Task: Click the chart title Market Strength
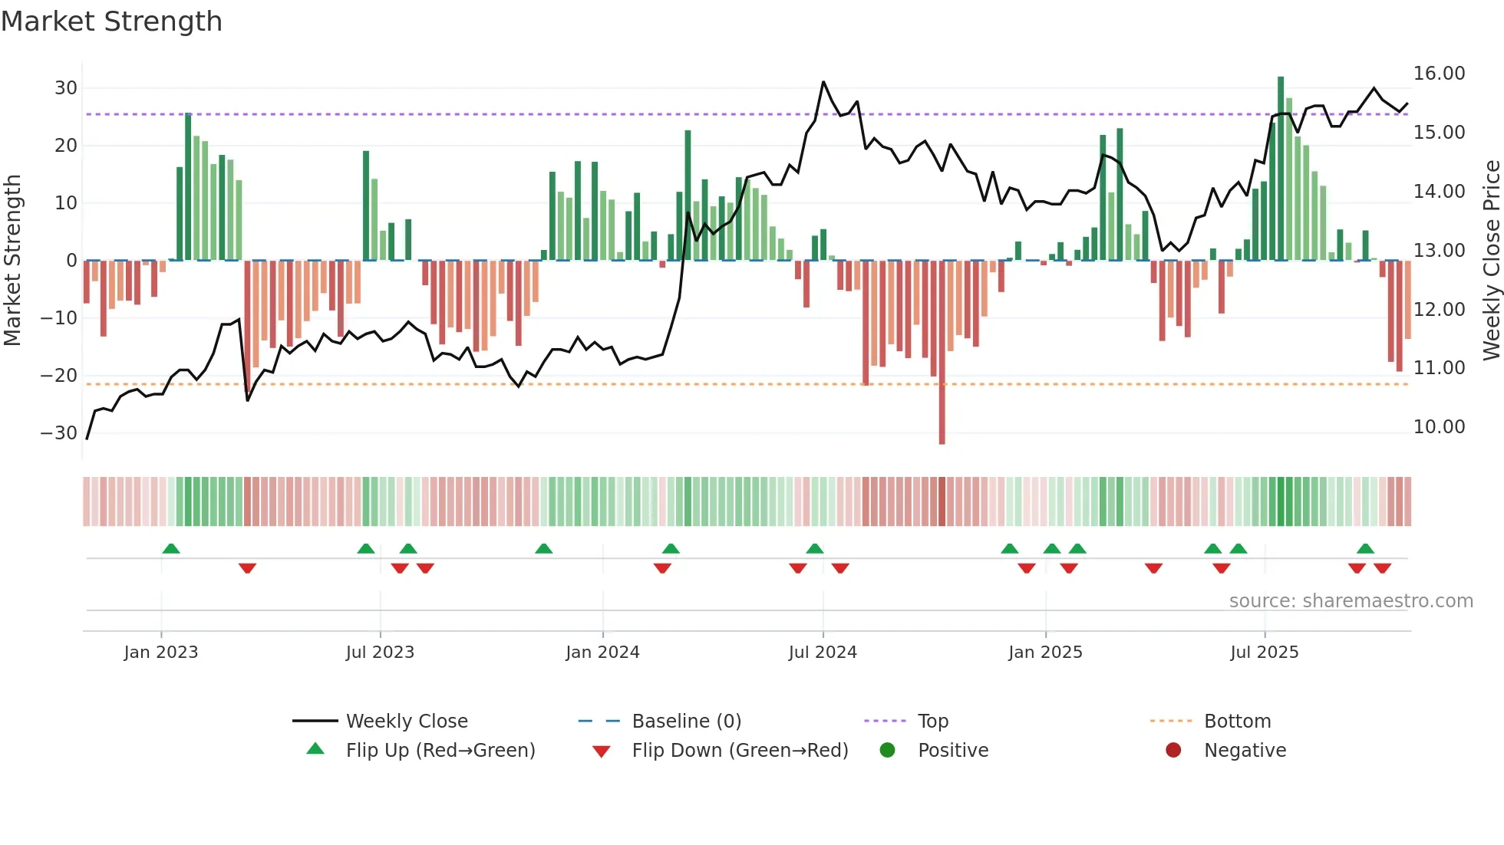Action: pyautogui.click(x=111, y=21)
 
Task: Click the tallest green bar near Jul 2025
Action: pyautogui.click(x=1281, y=169)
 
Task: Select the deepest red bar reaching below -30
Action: pyautogui.click(x=942, y=353)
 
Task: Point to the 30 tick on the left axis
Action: pyautogui.click(x=66, y=88)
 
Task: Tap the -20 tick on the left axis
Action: pyautogui.click(x=59, y=376)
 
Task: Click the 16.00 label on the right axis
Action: pyautogui.click(x=1439, y=74)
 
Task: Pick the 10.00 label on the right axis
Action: pyautogui.click(x=1439, y=427)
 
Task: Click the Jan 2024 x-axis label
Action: pyautogui.click(x=602, y=653)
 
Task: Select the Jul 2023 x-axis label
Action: pyautogui.click(x=380, y=653)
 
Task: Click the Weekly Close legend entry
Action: pyautogui.click(x=406, y=722)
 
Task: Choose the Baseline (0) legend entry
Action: pyautogui.click(x=686, y=722)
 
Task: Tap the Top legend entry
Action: pyautogui.click(x=932, y=722)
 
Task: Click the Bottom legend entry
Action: pyautogui.click(x=1237, y=722)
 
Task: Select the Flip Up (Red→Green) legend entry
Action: pyautogui.click(x=440, y=751)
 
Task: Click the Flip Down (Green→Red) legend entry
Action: pyautogui.click(x=740, y=751)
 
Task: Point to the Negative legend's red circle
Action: pyautogui.click(x=1173, y=751)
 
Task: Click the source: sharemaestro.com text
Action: pyautogui.click(x=1351, y=601)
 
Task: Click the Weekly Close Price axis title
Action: pyautogui.click(x=1491, y=261)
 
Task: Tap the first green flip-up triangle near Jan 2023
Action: pyautogui.click(x=171, y=549)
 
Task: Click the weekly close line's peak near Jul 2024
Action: pyautogui.click(x=823, y=82)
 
